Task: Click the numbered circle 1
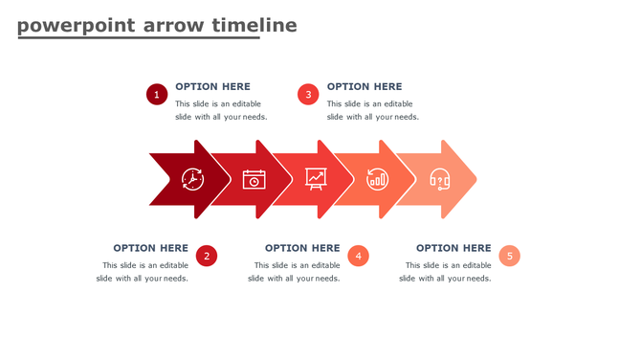pos(157,94)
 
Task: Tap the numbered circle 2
pos(207,256)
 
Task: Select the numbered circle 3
pos(307,94)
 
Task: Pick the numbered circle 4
pos(358,256)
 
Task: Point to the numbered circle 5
pos(510,256)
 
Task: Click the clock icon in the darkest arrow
pos(193,179)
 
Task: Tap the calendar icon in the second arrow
pos(254,179)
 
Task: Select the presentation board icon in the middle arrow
pos(316,178)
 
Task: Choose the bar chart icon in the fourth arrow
pos(378,179)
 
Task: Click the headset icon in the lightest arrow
pos(440,179)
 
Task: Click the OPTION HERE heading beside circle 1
pos(212,86)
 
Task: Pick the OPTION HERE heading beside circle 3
pos(365,86)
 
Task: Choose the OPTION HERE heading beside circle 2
pos(150,248)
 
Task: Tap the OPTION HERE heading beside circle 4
pos(302,248)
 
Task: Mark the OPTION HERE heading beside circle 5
pos(453,248)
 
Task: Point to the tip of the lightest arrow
pos(475,179)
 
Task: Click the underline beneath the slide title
pos(139,37)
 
